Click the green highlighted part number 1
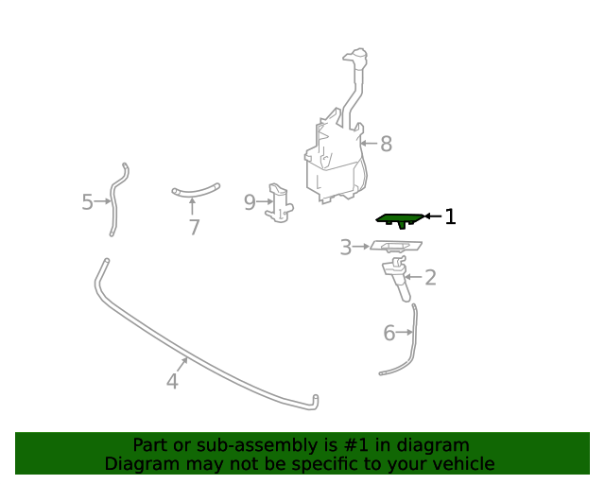pos(400,219)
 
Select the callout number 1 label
pos(450,216)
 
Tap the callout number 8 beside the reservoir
pos(386,144)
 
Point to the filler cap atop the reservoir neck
pos(355,56)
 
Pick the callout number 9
pos(250,202)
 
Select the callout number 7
pos(194,227)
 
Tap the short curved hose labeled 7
pos(196,192)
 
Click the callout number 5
pos(87,202)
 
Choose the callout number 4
pos(172,381)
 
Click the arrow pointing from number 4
pos(182,365)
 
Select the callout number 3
pos(346,247)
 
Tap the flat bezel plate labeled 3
pos(396,246)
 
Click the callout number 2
pos(430,278)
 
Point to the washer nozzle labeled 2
pos(397,278)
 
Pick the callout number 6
pos(389,333)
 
